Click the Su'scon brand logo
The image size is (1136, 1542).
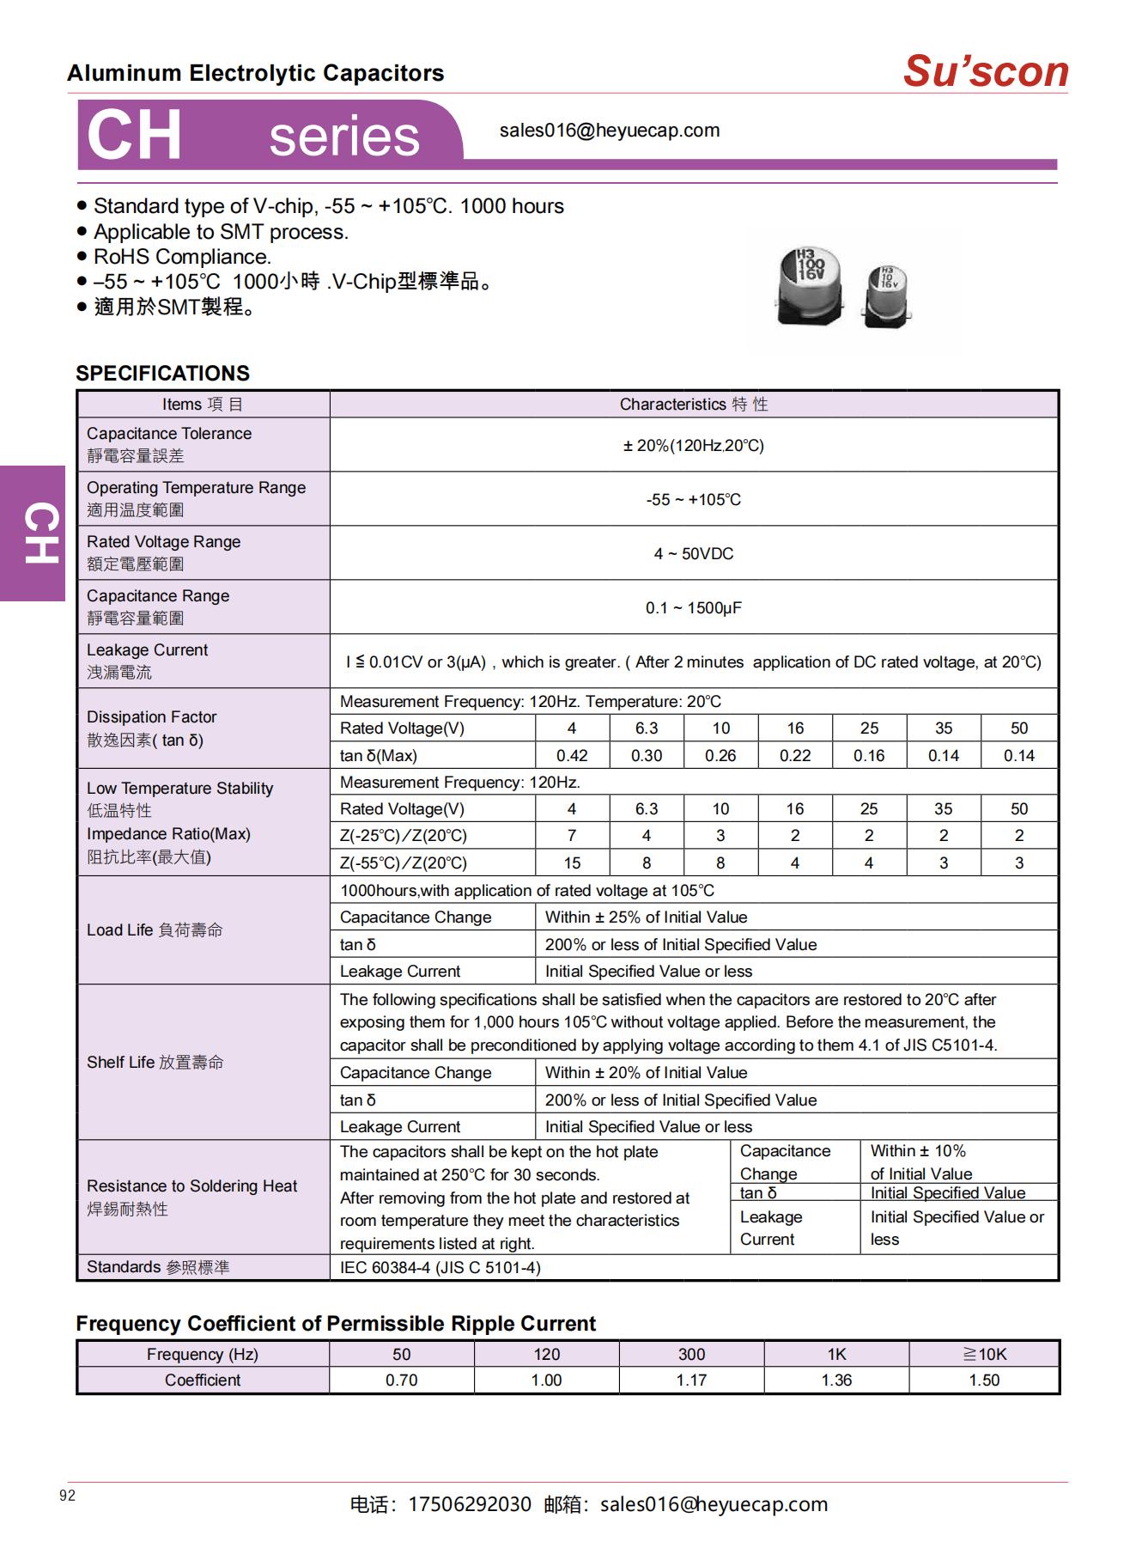[985, 71]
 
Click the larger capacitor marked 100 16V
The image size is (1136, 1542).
[809, 286]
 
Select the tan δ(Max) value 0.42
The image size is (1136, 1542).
[572, 756]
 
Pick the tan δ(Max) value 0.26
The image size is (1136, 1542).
[720, 756]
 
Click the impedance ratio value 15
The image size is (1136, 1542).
[572, 863]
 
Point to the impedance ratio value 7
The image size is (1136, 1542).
[572, 836]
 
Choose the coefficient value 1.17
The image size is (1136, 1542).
[691, 1380]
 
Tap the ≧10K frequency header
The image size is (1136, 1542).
[984, 1355]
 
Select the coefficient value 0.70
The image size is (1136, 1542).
[401, 1380]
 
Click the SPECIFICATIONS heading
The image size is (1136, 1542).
[162, 374]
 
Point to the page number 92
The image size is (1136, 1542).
[68, 1496]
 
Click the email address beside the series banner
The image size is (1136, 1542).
[610, 131]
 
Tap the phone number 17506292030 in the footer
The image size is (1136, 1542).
[470, 1505]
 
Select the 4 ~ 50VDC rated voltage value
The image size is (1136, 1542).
[694, 554]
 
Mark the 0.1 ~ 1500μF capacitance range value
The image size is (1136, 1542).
[694, 608]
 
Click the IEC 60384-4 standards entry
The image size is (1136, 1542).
[440, 1268]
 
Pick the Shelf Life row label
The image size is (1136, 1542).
[155, 1063]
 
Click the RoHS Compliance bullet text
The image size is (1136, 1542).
[182, 257]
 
